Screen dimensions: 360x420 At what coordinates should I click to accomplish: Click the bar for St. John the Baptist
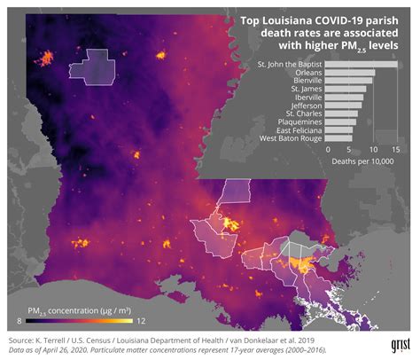pos(362,64)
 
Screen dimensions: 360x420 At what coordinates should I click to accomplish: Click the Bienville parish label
pos(306,81)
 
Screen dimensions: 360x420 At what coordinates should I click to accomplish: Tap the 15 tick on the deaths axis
pos(395,149)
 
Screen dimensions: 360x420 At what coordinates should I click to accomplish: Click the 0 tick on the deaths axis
pos(326,149)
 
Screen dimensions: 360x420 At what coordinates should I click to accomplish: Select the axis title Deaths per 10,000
pos(361,161)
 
